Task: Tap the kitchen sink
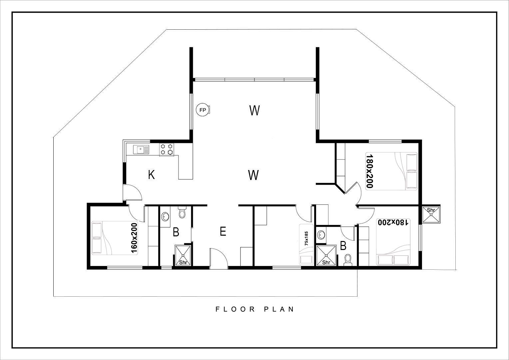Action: coord(141,150)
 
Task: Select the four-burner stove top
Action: coord(166,149)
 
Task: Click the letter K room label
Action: coord(151,175)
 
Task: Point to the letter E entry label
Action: coord(223,232)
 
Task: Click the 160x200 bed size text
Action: coord(134,238)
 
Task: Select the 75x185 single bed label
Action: coord(306,239)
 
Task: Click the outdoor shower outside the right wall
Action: coord(431,214)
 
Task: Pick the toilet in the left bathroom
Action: coord(182,212)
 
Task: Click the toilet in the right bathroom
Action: coord(348,260)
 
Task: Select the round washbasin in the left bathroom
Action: coord(165,217)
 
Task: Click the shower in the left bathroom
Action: coord(183,255)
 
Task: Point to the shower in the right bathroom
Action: coord(326,255)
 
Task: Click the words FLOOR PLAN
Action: coord(255,309)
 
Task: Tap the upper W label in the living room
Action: coord(254,111)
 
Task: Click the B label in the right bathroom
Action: coord(343,246)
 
